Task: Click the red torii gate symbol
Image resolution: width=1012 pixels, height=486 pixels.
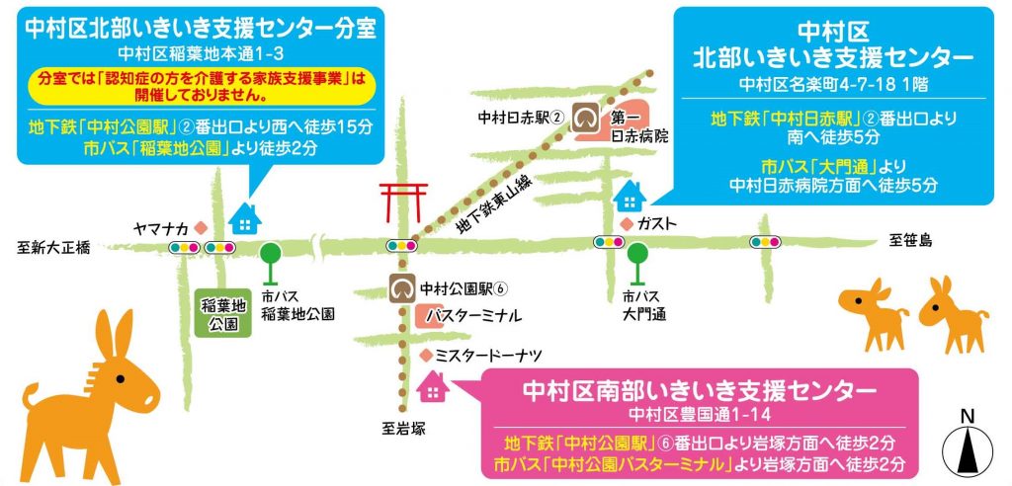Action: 403,202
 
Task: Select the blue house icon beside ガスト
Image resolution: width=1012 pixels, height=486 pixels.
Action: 629,198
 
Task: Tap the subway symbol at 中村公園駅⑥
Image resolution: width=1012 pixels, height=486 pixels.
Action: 403,288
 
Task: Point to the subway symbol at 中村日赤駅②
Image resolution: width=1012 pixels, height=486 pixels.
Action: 589,119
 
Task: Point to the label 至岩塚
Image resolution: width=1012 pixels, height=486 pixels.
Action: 402,428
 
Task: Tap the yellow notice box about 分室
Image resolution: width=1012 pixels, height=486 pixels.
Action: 197,86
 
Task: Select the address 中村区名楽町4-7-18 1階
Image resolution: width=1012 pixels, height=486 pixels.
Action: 832,81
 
